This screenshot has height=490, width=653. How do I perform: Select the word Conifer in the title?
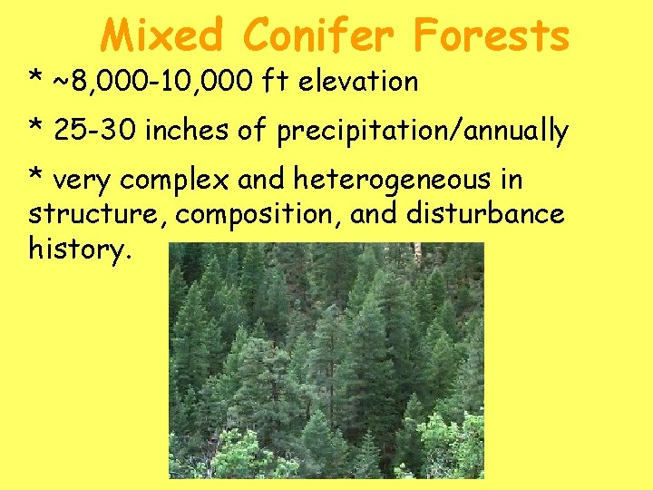[x=318, y=36]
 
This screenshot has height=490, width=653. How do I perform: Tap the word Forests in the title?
[x=492, y=36]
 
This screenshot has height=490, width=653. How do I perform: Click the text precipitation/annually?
[x=423, y=132]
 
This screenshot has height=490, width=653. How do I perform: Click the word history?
[x=81, y=250]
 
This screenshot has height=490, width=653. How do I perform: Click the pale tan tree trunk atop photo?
[x=418, y=254]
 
